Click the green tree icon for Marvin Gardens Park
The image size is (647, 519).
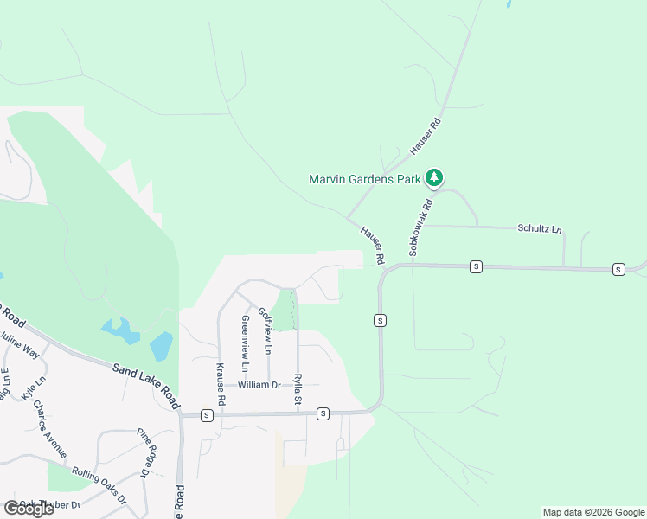[x=434, y=178]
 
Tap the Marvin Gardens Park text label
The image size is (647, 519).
[x=365, y=180]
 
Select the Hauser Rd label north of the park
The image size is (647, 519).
[x=426, y=136]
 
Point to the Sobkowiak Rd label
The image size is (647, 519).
[x=420, y=228]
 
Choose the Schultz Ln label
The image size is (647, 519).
[x=540, y=229]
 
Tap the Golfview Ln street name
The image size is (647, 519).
[x=266, y=333]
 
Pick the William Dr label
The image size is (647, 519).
[x=259, y=385]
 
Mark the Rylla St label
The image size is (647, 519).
[x=297, y=388]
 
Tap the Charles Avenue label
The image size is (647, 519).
[x=49, y=427]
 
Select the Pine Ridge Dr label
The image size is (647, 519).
[x=149, y=452]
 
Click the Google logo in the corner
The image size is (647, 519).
[x=28, y=509]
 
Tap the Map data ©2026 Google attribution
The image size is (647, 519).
[x=593, y=512]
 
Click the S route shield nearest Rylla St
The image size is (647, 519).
[x=323, y=413]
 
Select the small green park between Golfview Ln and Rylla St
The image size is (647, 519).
[x=284, y=311]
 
